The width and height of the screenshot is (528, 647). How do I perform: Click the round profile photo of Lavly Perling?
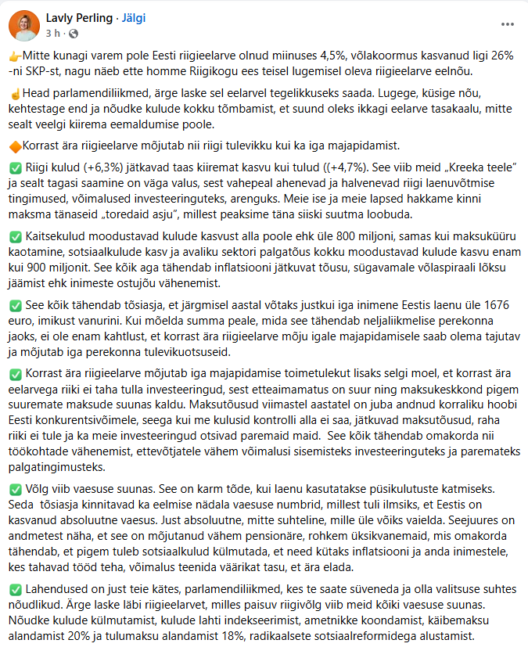(24, 25)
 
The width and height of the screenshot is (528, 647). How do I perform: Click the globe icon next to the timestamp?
(74, 34)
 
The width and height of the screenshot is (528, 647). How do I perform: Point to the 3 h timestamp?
(52, 34)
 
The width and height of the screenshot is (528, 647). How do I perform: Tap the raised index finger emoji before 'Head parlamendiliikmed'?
(15, 93)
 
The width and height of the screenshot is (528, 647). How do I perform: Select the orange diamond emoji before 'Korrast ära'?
(15, 145)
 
